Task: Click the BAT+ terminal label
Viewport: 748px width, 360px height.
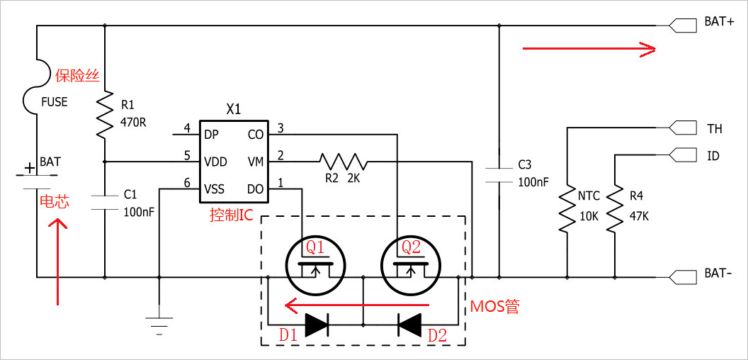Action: (x=719, y=22)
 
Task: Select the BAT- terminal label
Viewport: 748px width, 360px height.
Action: (x=719, y=274)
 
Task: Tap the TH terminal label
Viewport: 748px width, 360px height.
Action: (x=714, y=128)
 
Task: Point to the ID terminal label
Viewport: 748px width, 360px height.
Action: (x=713, y=155)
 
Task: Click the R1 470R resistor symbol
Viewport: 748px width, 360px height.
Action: (x=105, y=115)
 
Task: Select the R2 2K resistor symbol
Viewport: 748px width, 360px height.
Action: (x=343, y=162)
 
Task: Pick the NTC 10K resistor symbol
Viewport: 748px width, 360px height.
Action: (x=567, y=210)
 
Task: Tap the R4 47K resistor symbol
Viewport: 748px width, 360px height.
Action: (x=615, y=210)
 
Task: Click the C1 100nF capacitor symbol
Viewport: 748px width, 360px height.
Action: (x=105, y=201)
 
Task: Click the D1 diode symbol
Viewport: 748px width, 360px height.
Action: (x=316, y=325)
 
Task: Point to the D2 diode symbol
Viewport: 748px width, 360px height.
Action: (x=409, y=325)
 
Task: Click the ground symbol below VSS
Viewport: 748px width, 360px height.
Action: (x=159, y=325)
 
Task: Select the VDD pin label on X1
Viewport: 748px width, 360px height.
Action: (x=215, y=162)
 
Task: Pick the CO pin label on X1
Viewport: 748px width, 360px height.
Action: (x=256, y=135)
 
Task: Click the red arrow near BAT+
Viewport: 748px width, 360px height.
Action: (x=588, y=48)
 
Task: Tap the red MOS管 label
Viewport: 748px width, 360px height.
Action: (x=494, y=306)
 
